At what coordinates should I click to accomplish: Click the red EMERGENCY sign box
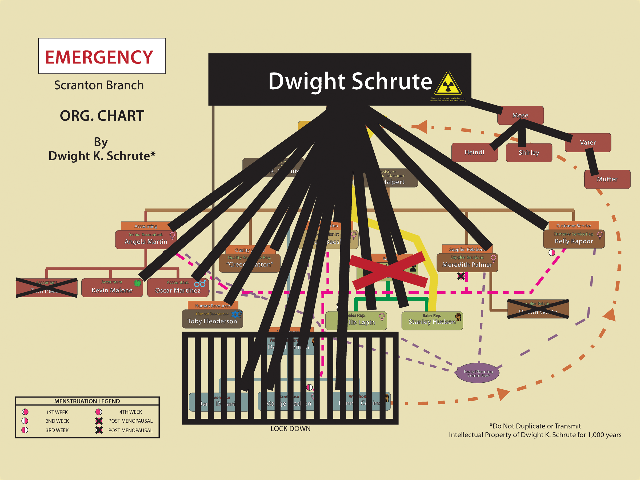pos(102,56)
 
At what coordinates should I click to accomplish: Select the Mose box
pos(520,115)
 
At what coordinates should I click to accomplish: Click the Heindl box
pos(474,153)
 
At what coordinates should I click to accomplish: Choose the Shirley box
pos(529,153)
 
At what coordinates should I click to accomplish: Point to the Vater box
pos(588,142)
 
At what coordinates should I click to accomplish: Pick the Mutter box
pos(607,179)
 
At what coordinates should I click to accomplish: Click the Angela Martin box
pos(146,239)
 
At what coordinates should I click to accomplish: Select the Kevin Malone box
pos(112,288)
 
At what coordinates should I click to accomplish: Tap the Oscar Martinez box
pos(178,288)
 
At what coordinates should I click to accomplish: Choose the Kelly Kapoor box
pos(574,239)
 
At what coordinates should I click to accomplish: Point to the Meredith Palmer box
pos(467,263)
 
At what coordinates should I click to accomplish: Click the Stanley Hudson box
pos(432,321)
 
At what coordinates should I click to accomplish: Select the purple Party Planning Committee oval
pos(478,373)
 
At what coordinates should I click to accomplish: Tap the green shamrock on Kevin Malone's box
pos(137,283)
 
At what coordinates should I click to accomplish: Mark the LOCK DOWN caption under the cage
pos(290,429)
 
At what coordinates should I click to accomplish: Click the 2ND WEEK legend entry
pos(57,421)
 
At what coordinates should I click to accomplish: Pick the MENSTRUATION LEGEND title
pos(87,401)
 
